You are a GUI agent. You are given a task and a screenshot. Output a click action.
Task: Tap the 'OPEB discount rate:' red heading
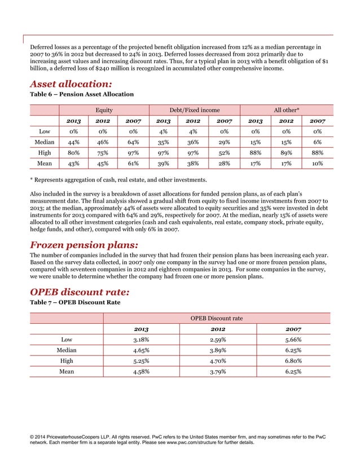coord(80,291)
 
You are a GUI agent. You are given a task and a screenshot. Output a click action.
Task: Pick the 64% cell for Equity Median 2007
coord(134,142)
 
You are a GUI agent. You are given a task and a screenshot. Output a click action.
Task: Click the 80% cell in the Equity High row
coord(73,153)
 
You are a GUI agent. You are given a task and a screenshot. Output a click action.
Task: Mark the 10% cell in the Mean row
coord(317,164)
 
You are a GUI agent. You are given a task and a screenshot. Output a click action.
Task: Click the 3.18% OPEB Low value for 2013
coord(141,340)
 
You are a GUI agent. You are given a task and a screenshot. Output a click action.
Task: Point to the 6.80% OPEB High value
coord(293,361)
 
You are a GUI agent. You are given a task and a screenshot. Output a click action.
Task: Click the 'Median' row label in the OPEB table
coord(67,350)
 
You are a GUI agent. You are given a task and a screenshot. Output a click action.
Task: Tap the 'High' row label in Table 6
coord(44,153)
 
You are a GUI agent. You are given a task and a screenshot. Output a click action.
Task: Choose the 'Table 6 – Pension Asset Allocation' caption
coord(81,94)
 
